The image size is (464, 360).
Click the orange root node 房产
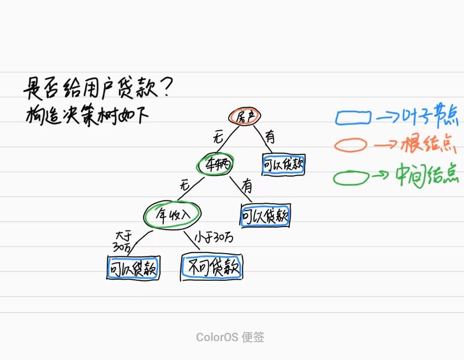(x=244, y=116)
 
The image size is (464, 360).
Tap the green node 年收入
(x=172, y=214)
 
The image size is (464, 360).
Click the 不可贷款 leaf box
(x=212, y=268)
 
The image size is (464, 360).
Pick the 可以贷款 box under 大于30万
(x=132, y=269)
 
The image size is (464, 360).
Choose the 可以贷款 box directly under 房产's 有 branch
(x=283, y=164)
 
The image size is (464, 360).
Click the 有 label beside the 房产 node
(x=270, y=136)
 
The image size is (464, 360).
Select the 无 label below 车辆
(x=184, y=186)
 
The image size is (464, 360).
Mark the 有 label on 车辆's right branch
(x=246, y=187)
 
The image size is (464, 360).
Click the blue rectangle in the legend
(x=353, y=117)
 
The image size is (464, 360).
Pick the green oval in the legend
(x=351, y=177)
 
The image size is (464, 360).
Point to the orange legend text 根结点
(x=430, y=145)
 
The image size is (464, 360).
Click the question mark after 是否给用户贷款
(x=169, y=87)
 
